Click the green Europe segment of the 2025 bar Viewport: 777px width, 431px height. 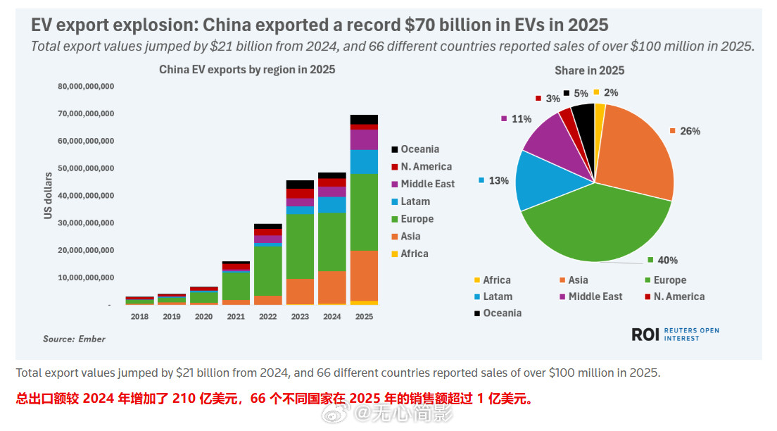point(364,211)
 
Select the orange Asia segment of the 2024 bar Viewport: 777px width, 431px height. point(331,287)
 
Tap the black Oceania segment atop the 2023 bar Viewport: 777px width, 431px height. point(300,185)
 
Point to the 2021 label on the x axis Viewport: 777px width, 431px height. point(236,317)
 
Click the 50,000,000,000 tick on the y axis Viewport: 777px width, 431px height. point(86,168)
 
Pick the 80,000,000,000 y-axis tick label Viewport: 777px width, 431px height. point(86,86)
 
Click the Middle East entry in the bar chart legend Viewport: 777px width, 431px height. point(427,184)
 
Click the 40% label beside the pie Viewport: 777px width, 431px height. point(667,261)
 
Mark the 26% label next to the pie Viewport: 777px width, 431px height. point(689,131)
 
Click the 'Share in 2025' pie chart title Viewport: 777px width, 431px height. point(589,70)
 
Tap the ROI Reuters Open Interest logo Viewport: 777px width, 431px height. point(675,335)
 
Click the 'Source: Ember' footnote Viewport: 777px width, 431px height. point(74,339)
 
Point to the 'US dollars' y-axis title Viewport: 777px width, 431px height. point(49,195)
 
